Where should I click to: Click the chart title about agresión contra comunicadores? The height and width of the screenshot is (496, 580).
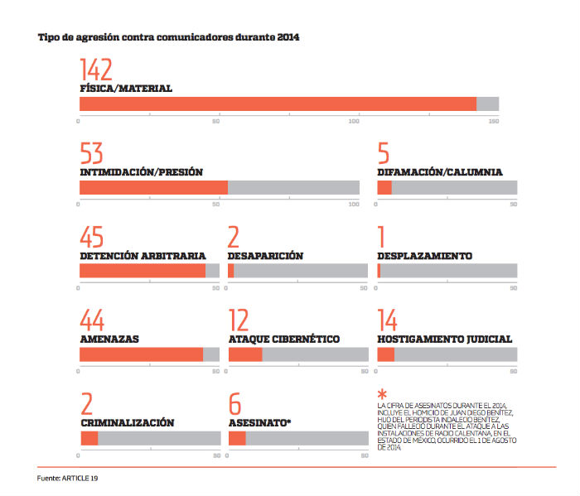coord(168,37)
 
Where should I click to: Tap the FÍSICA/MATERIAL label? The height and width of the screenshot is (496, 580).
coord(126,88)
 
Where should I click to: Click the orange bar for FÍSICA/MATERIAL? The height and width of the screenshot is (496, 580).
coord(278,104)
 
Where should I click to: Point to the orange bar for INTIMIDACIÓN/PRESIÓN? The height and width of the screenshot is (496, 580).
coord(153,187)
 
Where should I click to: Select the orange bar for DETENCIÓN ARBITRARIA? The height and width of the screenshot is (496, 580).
coord(142,271)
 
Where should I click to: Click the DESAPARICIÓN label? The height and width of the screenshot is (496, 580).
coord(265,256)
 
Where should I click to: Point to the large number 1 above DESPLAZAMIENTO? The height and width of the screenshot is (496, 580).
coord(382,238)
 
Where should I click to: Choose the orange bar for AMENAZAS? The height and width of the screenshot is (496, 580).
coord(141,354)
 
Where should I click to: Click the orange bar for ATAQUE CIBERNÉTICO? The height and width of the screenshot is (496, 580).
coord(245,354)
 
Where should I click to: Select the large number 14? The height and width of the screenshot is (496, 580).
coord(387,321)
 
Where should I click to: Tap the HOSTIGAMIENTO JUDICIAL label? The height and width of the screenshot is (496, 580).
coord(444,339)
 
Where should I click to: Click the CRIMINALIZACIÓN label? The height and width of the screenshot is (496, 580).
coord(127,422)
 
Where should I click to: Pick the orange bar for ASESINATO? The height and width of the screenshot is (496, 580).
coord(237,438)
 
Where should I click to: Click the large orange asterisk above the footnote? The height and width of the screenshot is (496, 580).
coord(382,394)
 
